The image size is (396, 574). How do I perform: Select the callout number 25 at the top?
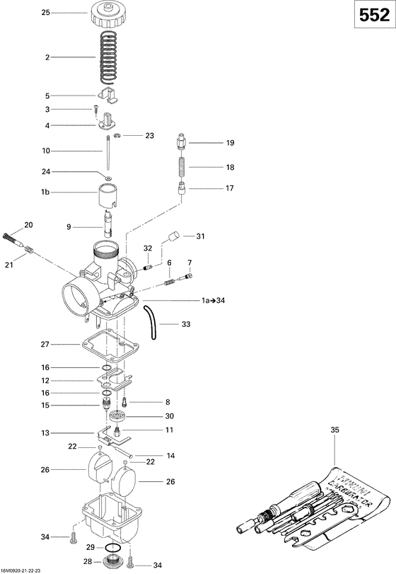(47, 13)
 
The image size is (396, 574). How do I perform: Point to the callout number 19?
(229, 143)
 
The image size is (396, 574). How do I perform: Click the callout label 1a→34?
(214, 301)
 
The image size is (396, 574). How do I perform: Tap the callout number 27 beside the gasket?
(45, 344)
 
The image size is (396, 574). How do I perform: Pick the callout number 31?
(200, 236)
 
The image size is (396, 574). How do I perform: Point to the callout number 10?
(47, 151)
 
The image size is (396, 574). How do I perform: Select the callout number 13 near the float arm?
(45, 433)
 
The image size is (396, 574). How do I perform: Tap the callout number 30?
(169, 415)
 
